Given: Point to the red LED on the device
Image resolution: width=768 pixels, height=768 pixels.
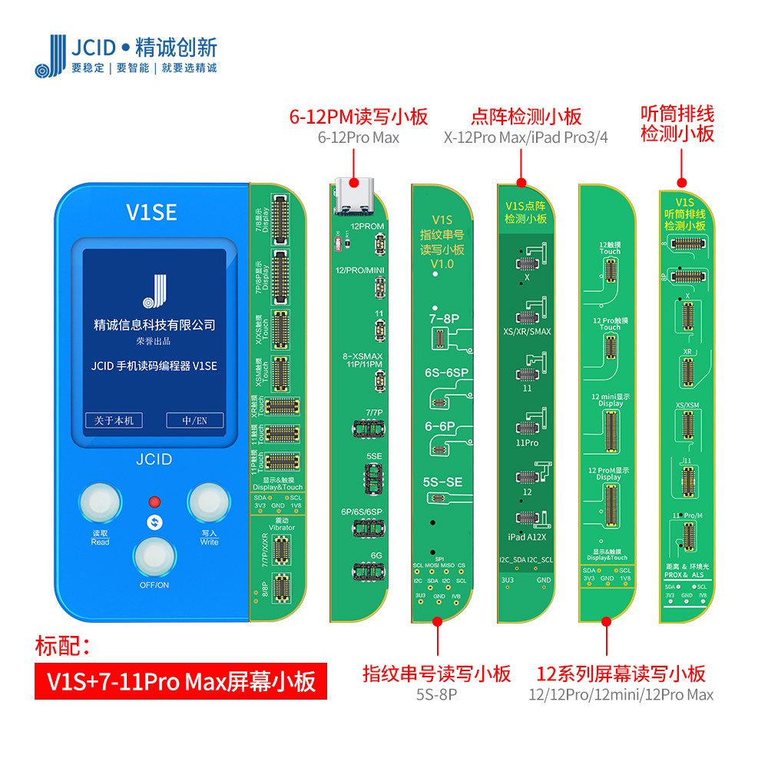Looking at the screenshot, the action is click(x=154, y=502).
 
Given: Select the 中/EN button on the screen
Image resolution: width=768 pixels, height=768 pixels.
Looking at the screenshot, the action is click(x=195, y=420).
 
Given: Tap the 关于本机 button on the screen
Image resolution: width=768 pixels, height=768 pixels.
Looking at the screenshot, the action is click(x=114, y=420).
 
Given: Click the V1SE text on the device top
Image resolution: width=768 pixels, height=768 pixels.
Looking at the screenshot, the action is click(x=151, y=211).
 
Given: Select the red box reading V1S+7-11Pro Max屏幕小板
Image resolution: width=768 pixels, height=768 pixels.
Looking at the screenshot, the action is click(x=181, y=681).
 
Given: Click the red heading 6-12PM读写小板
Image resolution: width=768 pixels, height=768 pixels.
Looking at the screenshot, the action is click(x=358, y=118).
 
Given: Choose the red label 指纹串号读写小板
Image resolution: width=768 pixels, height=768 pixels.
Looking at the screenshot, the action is click(x=436, y=674).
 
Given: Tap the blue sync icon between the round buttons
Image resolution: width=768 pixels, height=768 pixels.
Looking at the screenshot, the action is click(x=154, y=522).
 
